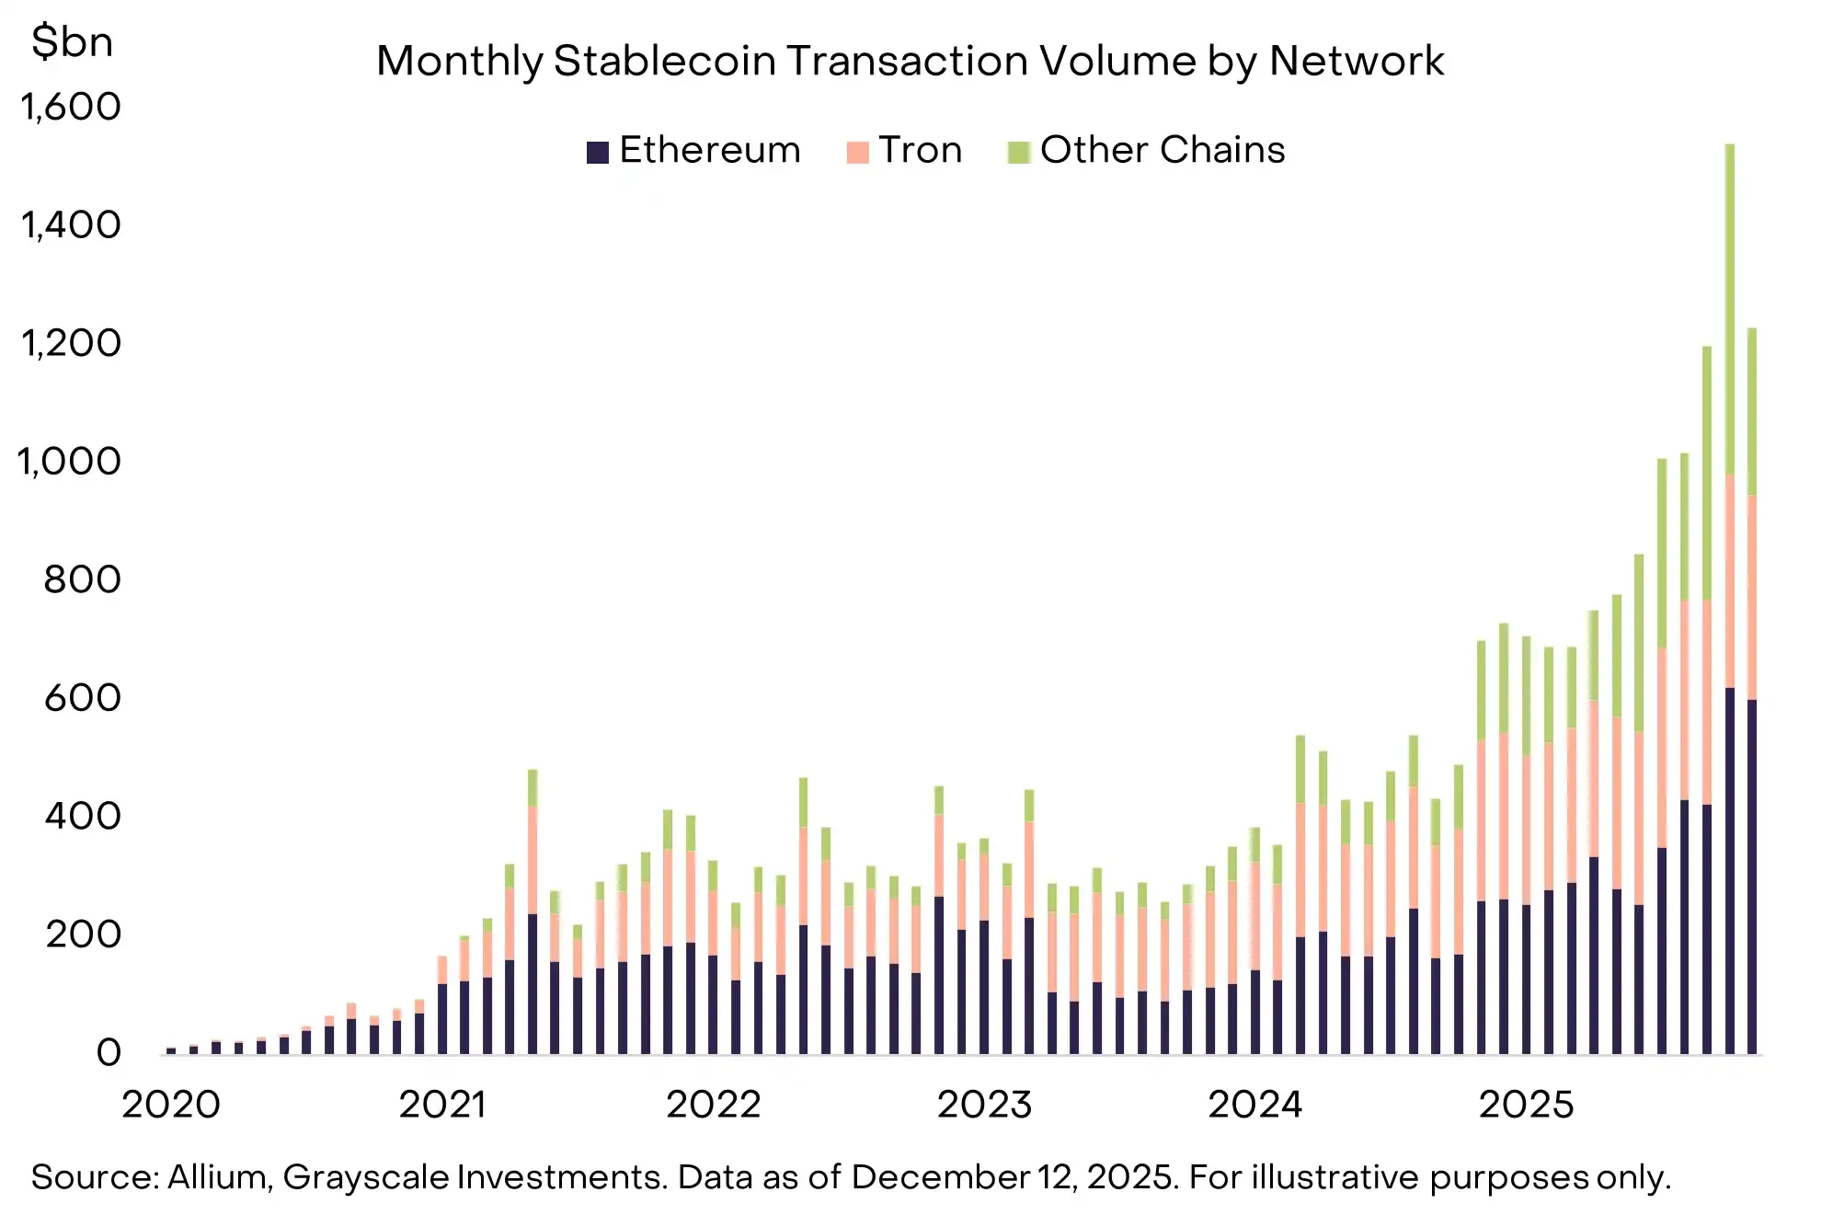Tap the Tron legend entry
point(906,150)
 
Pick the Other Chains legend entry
point(1148,150)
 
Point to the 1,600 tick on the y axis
point(71,108)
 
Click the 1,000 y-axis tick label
point(70,462)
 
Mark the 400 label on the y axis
point(83,817)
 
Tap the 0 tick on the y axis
point(109,1053)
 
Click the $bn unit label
point(72,42)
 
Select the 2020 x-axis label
point(171,1105)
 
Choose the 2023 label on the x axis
point(984,1105)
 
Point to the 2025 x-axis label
point(1526,1105)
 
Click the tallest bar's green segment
point(1730,308)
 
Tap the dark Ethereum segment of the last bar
point(1752,874)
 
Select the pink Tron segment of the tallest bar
point(1730,579)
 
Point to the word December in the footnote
point(939,1178)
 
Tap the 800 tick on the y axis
point(83,580)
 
